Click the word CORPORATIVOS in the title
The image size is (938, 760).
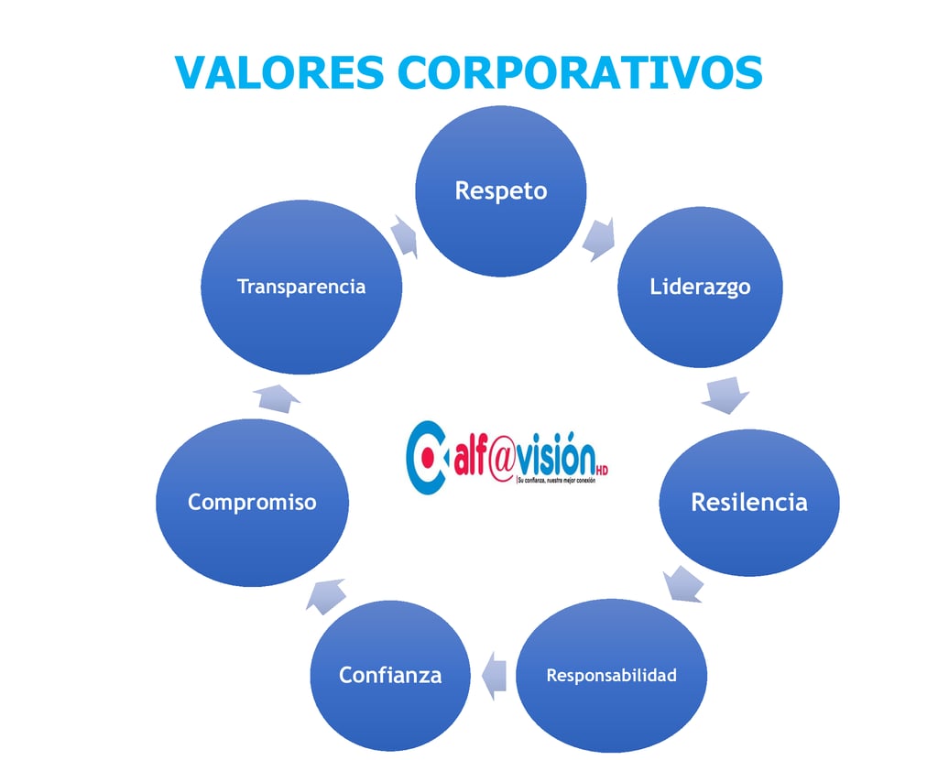581,71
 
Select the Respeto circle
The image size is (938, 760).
501,190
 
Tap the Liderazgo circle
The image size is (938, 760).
700,287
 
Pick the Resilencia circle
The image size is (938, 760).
749,502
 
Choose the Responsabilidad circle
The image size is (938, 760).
612,676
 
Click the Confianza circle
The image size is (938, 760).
390,676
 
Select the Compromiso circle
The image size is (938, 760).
252,502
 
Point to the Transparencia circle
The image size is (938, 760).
301,287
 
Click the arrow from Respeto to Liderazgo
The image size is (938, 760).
599,239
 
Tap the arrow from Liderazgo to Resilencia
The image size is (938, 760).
725,395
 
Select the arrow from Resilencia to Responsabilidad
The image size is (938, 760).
683,584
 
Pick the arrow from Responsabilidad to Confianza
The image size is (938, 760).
495,676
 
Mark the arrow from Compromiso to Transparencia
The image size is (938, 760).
276,397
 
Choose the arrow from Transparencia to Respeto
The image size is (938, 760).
403,235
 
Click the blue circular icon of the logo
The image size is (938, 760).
427,457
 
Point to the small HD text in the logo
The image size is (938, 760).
601,471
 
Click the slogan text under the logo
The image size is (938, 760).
556,480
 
